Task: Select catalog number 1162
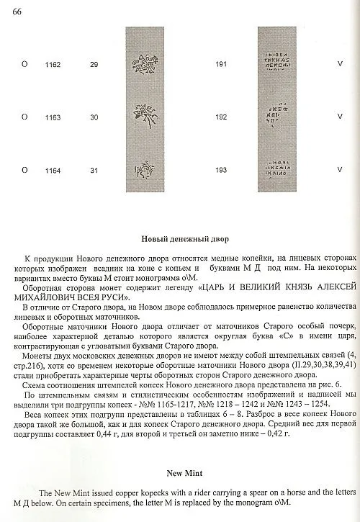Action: (x=52, y=65)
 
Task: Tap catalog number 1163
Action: (x=52, y=117)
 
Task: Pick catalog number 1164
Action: (x=52, y=170)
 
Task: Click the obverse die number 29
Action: (x=94, y=65)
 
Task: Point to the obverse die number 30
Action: (x=94, y=117)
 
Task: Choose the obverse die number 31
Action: (x=94, y=170)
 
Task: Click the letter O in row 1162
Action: (x=25, y=65)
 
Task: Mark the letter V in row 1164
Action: (x=338, y=170)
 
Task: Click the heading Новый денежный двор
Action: (x=179, y=238)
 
